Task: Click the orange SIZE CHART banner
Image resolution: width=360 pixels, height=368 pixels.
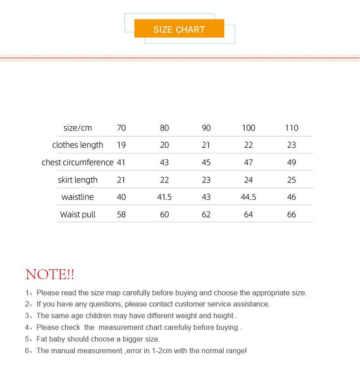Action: click(x=179, y=29)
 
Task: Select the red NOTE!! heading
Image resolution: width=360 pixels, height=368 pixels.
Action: click(x=50, y=274)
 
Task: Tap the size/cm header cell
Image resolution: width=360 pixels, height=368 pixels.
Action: click(x=77, y=128)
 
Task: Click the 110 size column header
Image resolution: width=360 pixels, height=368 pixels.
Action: click(x=292, y=128)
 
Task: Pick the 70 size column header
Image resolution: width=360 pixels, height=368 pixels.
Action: click(x=121, y=128)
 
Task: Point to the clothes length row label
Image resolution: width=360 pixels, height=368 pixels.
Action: click(x=77, y=145)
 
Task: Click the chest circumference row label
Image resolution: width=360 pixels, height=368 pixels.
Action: click(x=77, y=162)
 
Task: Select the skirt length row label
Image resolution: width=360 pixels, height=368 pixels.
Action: click(x=77, y=180)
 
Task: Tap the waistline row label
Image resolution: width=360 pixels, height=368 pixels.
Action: click(x=78, y=197)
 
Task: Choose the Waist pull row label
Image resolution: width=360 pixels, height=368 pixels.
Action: click(x=77, y=214)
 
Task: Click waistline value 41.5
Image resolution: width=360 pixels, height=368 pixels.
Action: click(x=164, y=197)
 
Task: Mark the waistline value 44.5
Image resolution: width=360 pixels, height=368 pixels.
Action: click(x=248, y=197)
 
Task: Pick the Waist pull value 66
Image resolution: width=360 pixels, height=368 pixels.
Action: click(x=292, y=214)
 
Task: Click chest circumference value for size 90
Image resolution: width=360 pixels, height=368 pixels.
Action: click(x=206, y=162)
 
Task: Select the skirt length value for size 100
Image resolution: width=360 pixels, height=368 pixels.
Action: click(x=248, y=180)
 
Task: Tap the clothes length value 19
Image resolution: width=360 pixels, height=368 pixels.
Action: click(x=121, y=145)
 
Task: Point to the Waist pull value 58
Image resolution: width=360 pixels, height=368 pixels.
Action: click(x=121, y=214)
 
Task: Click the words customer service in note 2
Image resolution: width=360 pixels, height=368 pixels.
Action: click(x=201, y=304)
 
